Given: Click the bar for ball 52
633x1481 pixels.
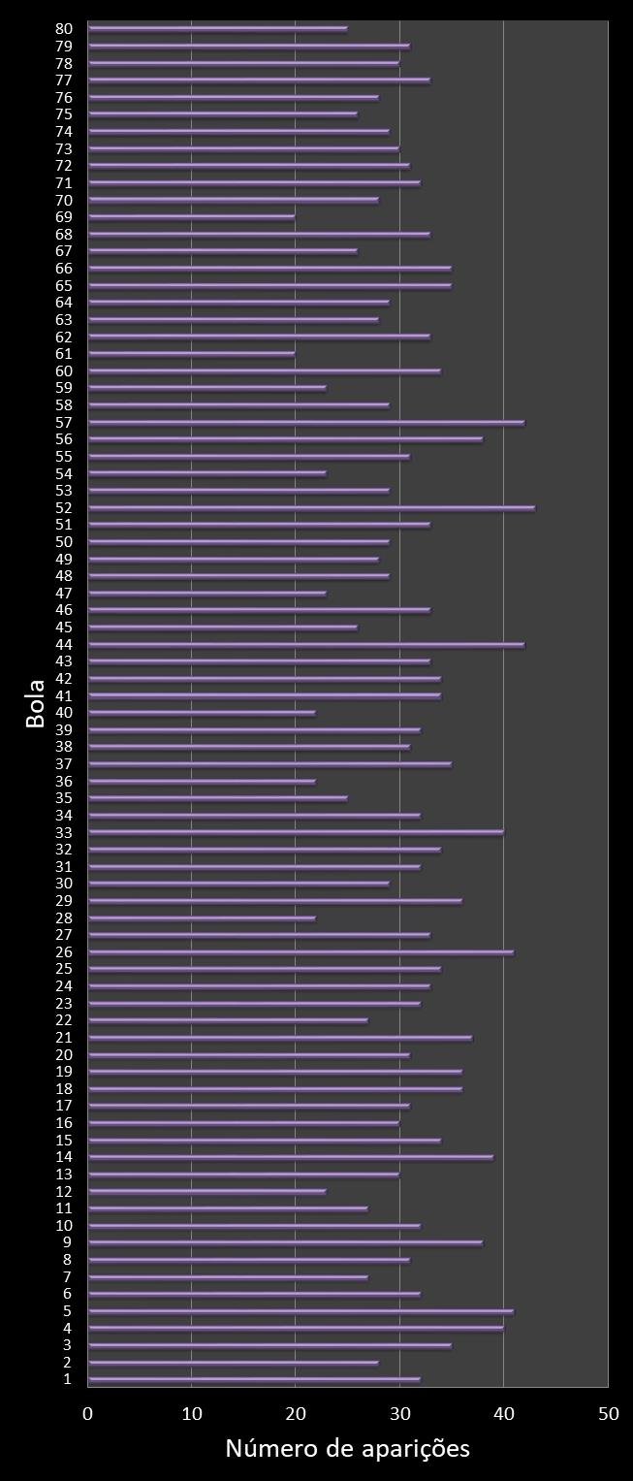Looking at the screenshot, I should point(310,508).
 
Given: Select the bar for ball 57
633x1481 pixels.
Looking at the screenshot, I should point(305,423).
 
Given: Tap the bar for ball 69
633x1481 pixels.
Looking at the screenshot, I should point(191,217).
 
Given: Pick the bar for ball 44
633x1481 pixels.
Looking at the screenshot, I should point(305,645).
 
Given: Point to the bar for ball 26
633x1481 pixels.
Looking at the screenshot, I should point(301,952).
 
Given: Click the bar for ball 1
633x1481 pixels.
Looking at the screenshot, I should point(254,1379).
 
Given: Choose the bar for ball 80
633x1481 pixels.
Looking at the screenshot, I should point(217,29).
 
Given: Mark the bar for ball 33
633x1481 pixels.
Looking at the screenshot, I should point(296,832).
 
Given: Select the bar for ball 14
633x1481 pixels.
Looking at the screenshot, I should point(290,1157).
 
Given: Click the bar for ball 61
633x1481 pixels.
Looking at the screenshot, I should point(191,354).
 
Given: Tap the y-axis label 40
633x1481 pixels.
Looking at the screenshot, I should point(64,713).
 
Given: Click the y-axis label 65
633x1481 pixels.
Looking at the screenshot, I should point(64,286).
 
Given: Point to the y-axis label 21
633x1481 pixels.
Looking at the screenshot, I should point(64,1038).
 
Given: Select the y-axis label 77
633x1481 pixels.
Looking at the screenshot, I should point(64,80).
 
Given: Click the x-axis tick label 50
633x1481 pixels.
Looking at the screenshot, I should point(608,1414).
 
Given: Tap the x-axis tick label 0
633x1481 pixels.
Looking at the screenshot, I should point(88,1414).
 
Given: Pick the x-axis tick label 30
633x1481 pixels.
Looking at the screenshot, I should point(399,1414).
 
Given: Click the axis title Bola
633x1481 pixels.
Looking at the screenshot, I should point(36,704).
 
